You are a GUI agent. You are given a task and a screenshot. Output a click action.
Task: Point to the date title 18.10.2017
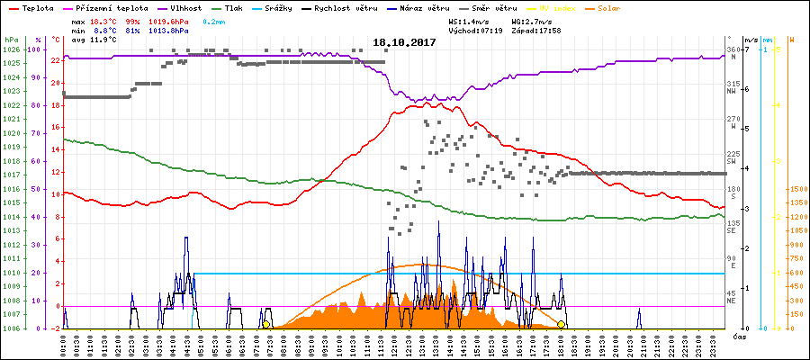click(405, 42)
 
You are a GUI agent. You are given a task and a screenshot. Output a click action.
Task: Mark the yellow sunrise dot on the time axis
click(265, 324)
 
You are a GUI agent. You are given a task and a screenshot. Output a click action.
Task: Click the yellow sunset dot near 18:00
click(561, 324)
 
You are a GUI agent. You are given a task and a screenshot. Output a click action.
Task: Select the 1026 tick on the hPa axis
click(11, 49)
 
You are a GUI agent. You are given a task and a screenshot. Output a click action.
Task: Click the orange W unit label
click(791, 40)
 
